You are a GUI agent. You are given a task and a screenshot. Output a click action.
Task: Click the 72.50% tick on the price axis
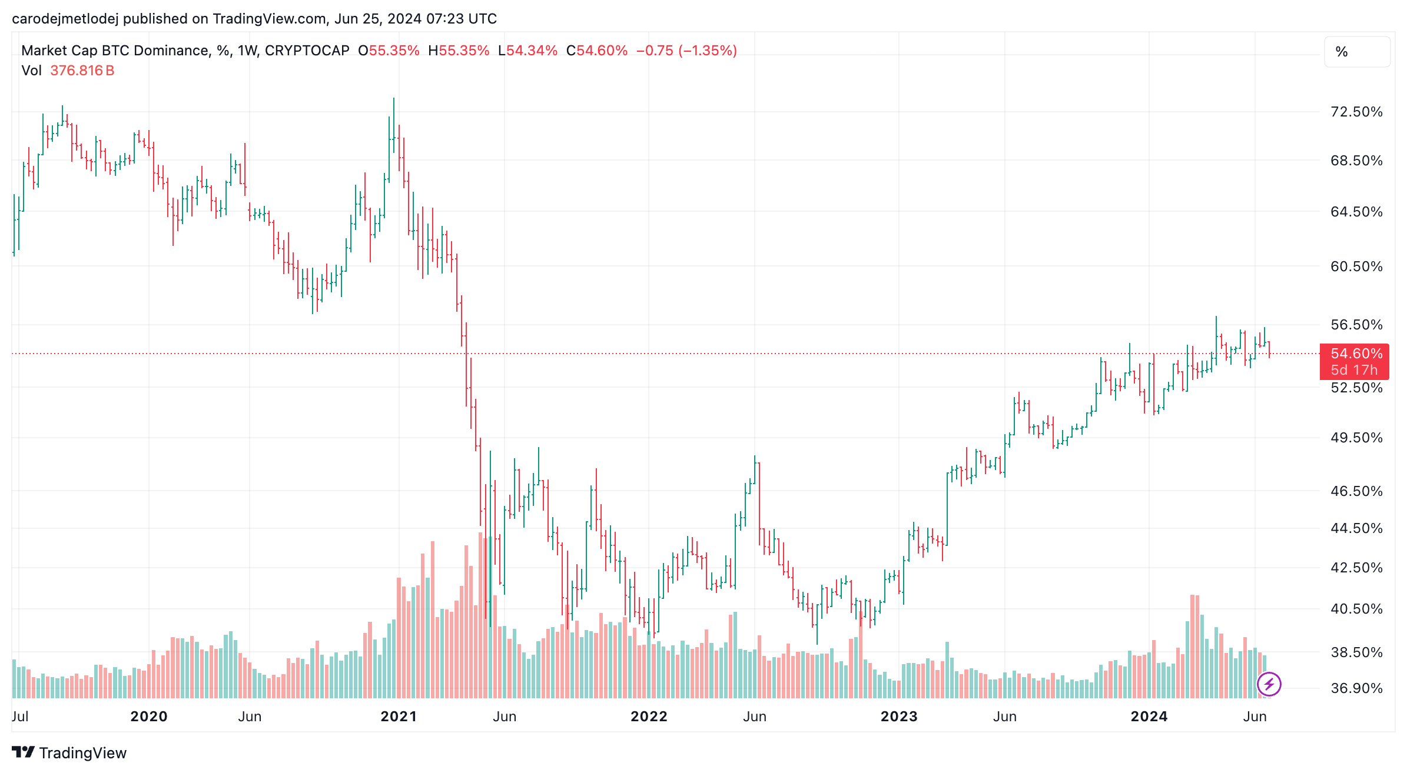pos(1356,112)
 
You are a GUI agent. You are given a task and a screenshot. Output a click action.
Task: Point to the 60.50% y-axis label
pos(1356,266)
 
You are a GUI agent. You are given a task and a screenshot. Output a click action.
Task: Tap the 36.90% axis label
pos(1356,688)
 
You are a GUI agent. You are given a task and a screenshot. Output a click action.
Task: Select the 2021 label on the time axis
pos(399,717)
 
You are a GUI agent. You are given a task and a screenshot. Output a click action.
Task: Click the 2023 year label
pos(898,717)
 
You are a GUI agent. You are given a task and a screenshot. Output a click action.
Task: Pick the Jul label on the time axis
pos(20,717)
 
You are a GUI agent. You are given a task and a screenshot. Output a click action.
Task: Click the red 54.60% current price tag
pos(1356,354)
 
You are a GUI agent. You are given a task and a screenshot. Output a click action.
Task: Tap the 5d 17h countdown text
pos(1353,370)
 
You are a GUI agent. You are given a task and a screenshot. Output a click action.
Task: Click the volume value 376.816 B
pos(82,71)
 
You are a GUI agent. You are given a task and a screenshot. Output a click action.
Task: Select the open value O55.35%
pos(389,51)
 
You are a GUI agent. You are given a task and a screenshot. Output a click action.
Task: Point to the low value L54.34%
pos(527,51)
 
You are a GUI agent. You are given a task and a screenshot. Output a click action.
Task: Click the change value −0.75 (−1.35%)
pos(686,51)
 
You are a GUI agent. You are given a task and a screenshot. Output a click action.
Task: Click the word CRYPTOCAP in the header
pos(307,51)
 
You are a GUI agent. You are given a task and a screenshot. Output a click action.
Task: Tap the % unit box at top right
pos(1356,52)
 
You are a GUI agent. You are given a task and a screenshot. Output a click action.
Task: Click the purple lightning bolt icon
pos(1269,684)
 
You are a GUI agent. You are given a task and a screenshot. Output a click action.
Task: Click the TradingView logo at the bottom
pos(69,753)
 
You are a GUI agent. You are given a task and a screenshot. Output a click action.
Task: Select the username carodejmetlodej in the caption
pos(65,19)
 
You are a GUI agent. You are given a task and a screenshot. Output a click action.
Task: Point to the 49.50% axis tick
pos(1356,438)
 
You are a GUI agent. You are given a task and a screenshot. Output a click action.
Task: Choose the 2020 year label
pos(148,717)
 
